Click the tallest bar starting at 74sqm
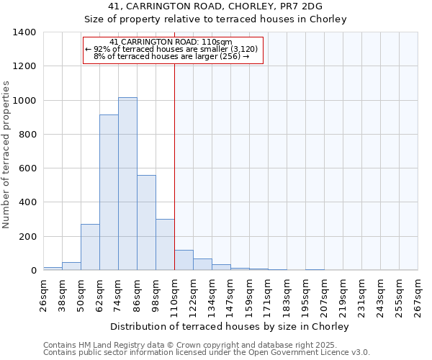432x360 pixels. pyautogui.click(x=127, y=184)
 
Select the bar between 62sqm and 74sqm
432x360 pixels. pyautogui.click(x=109, y=192)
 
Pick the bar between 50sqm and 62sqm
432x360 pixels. pyautogui.click(x=90, y=247)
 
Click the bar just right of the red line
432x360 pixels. pyautogui.click(x=184, y=261)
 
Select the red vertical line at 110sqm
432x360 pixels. pyautogui.click(x=174, y=166)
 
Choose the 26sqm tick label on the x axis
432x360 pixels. pyautogui.click(x=48, y=293)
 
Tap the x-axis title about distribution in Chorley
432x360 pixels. pyautogui.click(x=230, y=326)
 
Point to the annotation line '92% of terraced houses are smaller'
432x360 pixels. pyautogui.click(x=175, y=49)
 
